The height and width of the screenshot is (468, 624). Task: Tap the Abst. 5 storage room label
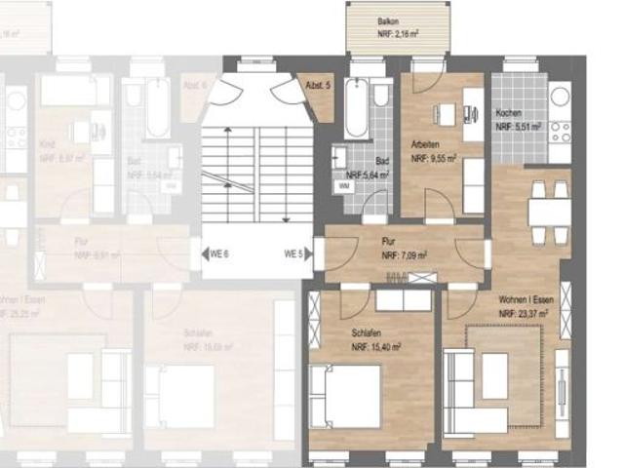(x=318, y=86)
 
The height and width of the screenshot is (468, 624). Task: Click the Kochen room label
(x=508, y=113)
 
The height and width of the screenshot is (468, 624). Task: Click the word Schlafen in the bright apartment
(x=368, y=332)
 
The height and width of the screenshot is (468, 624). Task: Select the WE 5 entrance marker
(x=293, y=254)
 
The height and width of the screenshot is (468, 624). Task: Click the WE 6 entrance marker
(x=219, y=254)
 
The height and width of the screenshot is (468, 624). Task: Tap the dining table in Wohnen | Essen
(x=548, y=212)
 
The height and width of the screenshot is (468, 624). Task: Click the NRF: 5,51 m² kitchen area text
(x=518, y=127)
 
